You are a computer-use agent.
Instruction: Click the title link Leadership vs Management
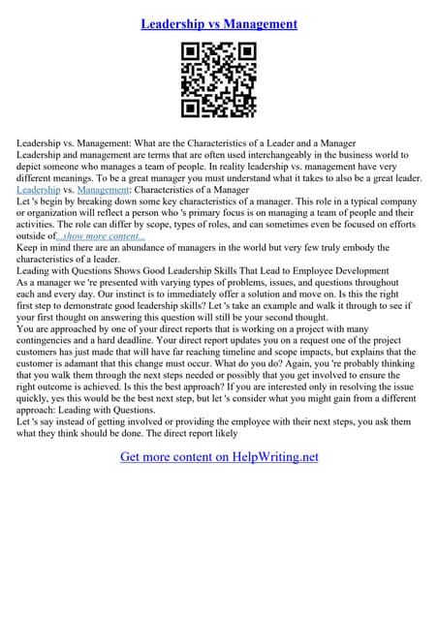(218, 22)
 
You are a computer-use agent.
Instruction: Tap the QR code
(218, 81)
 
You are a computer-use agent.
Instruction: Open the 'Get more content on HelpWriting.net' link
(219, 457)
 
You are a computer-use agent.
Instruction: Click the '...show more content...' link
(101, 235)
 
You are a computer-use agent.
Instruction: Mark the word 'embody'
(380, 247)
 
